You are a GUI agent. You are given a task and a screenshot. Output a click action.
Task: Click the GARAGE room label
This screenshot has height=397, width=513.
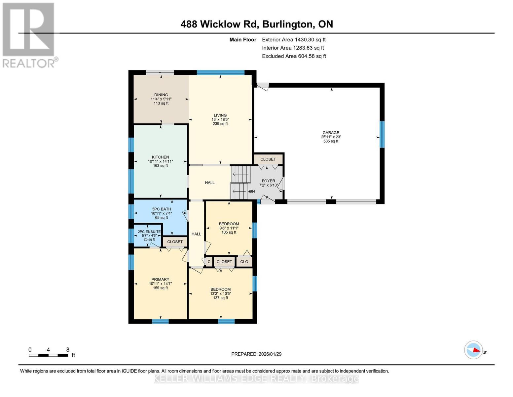[x=331, y=133]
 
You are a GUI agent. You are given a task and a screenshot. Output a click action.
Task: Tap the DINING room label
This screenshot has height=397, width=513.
[x=161, y=95]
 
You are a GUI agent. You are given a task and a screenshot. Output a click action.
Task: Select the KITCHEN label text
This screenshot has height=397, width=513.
[x=161, y=157]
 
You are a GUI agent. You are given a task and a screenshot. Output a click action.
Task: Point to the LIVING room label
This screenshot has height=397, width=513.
[x=220, y=115]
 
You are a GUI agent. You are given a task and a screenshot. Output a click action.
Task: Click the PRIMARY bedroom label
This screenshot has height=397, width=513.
[x=160, y=280]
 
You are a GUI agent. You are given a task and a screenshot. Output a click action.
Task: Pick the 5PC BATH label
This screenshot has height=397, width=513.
[x=162, y=209]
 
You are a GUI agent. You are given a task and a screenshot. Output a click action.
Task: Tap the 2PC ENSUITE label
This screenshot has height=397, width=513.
[x=149, y=232]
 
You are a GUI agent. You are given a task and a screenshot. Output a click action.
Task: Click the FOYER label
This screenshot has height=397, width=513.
[x=268, y=181]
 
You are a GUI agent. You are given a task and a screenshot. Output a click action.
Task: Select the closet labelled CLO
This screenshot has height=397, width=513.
[x=244, y=262]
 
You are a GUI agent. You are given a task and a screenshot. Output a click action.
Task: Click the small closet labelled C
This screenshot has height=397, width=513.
[x=209, y=262]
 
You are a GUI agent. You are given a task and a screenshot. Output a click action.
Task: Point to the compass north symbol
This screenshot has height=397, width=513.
[x=474, y=350]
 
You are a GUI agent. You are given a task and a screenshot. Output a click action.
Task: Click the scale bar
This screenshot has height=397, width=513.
[x=48, y=355]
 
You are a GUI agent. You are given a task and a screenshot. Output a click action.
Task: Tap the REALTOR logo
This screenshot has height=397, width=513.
[x=29, y=35]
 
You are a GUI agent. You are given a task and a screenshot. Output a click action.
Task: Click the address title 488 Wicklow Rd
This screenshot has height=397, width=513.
[x=257, y=24]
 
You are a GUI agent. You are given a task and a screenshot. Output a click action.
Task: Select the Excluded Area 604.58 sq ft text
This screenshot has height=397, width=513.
[x=294, y=56]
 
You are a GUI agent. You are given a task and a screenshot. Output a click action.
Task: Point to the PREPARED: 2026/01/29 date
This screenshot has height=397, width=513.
[x=256, y=354]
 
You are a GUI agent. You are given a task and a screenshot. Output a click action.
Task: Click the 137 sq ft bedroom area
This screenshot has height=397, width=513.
[x=220, y=298]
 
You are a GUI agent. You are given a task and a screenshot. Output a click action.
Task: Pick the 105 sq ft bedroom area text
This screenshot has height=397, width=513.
[x=229, y=232]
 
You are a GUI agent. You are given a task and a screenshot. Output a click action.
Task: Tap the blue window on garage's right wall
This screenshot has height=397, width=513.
[x=382, y=134]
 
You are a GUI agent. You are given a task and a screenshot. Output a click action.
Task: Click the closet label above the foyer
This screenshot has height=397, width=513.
[x=268, y=159]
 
